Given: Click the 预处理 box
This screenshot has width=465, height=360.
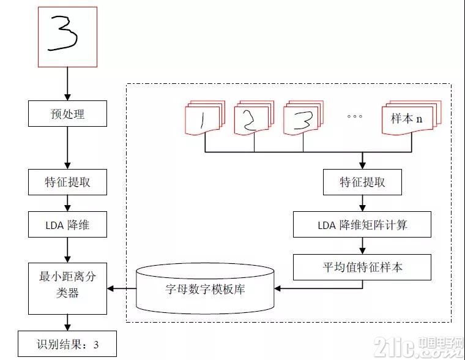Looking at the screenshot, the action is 68,114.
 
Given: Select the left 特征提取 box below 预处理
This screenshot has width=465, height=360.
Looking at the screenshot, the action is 68,182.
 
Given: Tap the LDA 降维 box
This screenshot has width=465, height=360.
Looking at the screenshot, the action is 68,224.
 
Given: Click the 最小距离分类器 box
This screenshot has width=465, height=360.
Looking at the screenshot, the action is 68,288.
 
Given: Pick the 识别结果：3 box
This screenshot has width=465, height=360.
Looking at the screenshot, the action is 67,343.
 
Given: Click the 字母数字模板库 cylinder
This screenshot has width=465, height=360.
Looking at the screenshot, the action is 205,288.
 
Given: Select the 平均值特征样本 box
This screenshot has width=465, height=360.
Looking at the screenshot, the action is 362,267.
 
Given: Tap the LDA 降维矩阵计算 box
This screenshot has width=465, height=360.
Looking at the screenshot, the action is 362,224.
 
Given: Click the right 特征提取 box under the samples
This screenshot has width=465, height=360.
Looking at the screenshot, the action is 362,182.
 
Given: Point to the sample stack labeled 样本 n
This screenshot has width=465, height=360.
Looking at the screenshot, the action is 412,118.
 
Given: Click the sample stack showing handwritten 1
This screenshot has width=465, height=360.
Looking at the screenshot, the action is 205,118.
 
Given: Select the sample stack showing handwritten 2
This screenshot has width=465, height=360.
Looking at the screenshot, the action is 254,118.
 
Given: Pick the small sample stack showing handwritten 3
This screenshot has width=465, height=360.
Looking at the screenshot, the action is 303,118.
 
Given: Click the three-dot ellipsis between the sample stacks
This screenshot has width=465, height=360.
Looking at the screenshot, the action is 355,116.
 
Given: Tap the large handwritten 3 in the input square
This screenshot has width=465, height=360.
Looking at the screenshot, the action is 63,33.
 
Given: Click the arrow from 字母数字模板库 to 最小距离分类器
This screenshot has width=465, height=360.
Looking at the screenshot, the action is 122,288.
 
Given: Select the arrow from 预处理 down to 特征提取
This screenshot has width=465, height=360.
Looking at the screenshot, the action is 68,148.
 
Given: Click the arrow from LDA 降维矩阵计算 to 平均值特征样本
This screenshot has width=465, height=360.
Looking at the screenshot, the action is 362,246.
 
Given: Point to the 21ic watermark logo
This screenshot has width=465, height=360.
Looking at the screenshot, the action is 418,347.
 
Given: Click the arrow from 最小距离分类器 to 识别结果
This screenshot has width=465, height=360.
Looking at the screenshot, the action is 68,323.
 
